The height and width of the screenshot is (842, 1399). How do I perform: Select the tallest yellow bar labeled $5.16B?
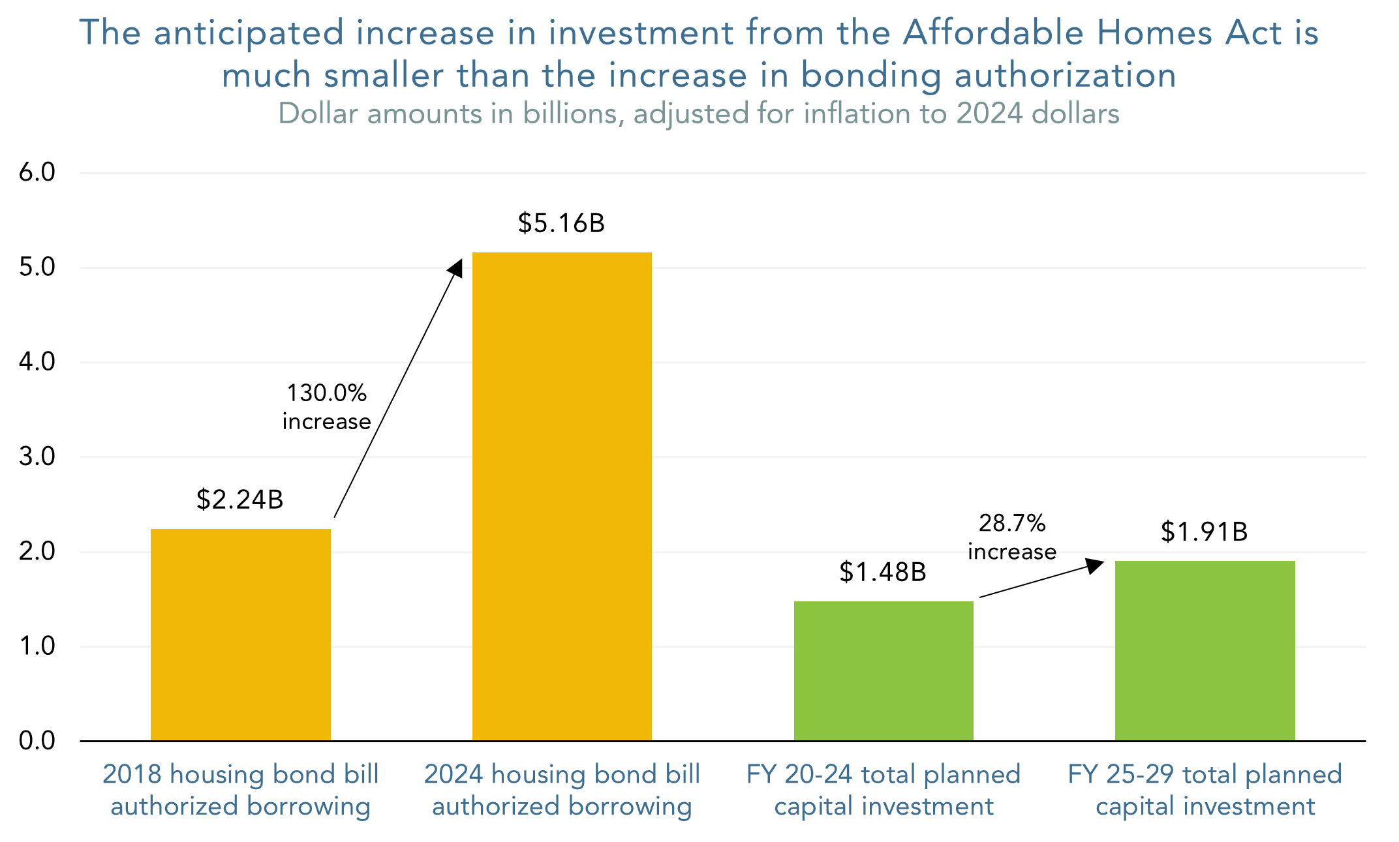click(x=562, y=496)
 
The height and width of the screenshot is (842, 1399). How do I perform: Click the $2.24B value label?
click(x=239, y=500)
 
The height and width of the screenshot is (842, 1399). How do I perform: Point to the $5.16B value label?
click(x=561, y=223)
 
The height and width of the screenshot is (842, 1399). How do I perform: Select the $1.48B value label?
click(x=882, y=572)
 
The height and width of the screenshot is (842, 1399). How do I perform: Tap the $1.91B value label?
click(x=1204, y=532)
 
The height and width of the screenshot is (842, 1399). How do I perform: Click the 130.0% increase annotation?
click(x=326, y=407)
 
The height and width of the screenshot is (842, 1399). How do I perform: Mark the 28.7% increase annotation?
click(x=1011, y=537)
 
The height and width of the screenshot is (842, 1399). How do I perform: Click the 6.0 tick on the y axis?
click(x=37, y=173)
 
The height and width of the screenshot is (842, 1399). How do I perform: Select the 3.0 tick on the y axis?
click(x=37, y=457)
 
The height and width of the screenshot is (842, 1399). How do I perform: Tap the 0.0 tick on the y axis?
click(x=37, y=741)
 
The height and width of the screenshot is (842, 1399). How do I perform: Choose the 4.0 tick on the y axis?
click(x=37, y=362)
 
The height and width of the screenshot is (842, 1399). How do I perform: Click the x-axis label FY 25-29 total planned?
click(x=1205, y=775)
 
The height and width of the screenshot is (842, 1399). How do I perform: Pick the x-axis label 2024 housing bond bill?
click(x=562, y=775)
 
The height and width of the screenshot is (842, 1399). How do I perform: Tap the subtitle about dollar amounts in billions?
click(x=698, y=113)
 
